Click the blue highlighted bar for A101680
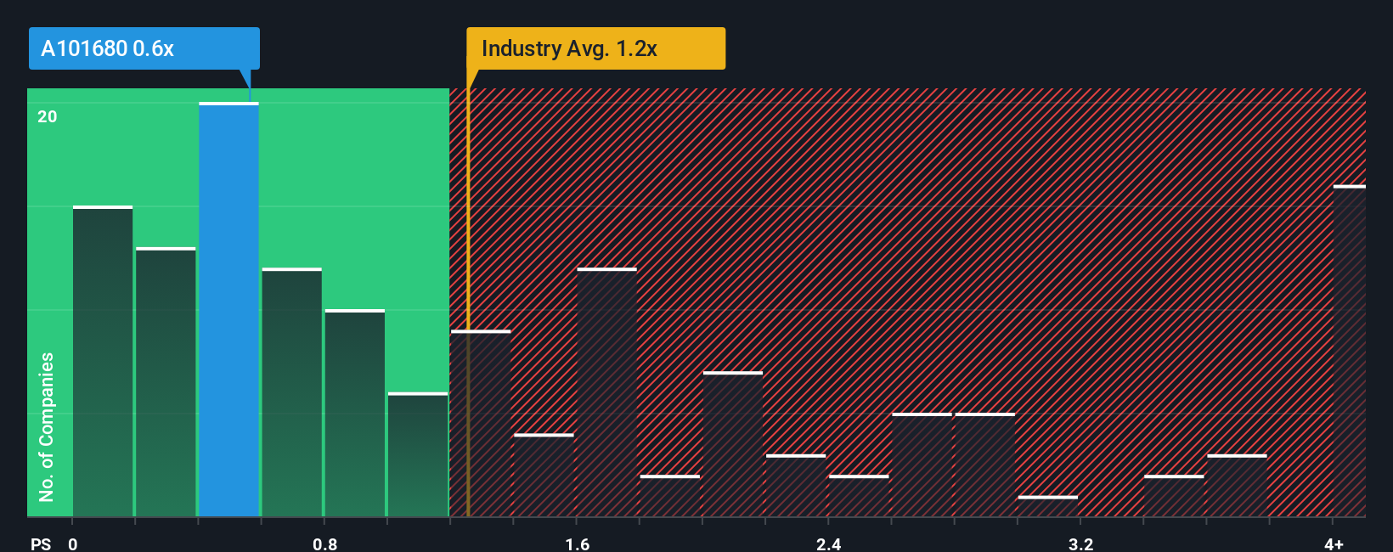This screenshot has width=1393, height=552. (x=228, y=310)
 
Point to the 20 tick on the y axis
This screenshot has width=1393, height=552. (x=48, y=116)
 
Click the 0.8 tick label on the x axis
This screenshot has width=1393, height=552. (x=324, y=544)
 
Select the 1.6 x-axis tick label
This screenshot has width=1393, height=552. (x=577, y=544)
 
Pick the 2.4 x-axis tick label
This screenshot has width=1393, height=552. (x=828, y=544)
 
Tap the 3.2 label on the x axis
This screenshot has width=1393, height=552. (x=1080, y=544)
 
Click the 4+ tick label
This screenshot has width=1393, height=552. (x=1334, y=544)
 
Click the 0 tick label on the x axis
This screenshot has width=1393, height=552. (x=73, y=544)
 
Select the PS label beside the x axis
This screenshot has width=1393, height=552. (x=41, y=544)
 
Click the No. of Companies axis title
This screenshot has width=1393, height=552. (x=47, y=426)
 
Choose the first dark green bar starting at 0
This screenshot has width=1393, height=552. (x=103, y=362)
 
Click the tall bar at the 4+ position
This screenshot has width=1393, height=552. (x=1349, y=351)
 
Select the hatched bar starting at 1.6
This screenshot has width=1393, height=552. (x=606, y=392)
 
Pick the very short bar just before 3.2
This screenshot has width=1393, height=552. (x=1047, y=506)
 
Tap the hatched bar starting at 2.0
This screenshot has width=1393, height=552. (x=732, y=444)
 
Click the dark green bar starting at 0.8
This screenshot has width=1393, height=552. (x=354, y=413)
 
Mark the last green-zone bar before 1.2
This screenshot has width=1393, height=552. (x=418, y=454)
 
